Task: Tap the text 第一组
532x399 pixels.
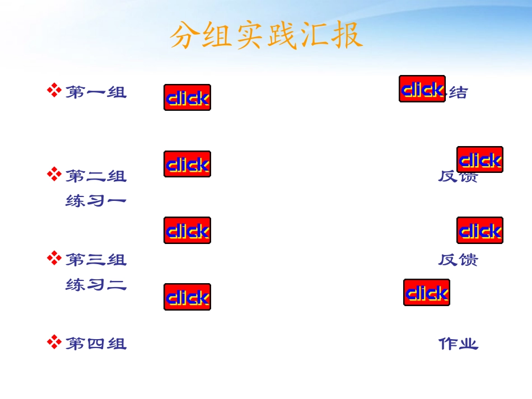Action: pos(96,92)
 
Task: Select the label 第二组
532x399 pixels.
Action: pos(96,176)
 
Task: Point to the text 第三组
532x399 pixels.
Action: pos(96,260)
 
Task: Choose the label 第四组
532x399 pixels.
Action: pos(96,343)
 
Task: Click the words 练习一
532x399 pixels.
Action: pos(96,200)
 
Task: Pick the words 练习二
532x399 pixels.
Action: pos(96,285)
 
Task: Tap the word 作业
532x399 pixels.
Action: pos(458,344)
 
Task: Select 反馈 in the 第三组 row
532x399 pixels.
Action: pos(458,260)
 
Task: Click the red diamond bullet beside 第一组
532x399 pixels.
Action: pos(54,90)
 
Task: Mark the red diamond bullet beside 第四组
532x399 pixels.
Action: pos(54,341)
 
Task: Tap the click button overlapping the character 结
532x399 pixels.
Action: pos(422,89)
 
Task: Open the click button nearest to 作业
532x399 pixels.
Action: pos(426,293)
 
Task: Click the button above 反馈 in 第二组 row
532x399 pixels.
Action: pos(479,159)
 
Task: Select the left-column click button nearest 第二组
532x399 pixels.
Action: pos(187,164)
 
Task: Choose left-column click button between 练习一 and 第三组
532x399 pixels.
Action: pos(187,231)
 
